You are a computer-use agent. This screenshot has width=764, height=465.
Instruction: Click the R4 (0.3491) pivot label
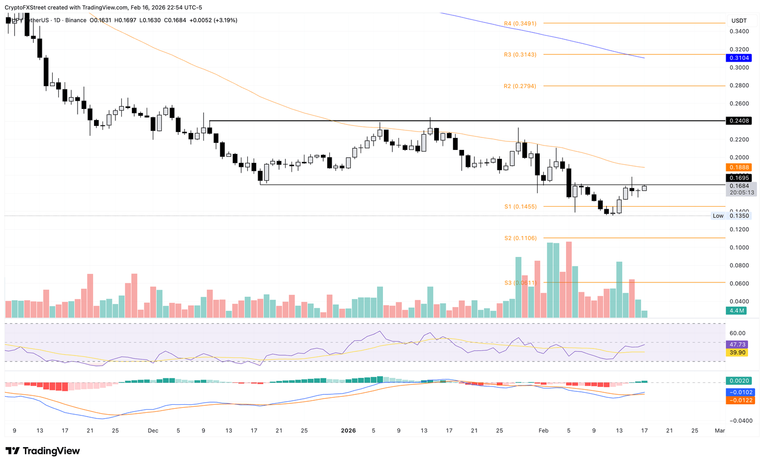pyautogui.click(x=520, y=23)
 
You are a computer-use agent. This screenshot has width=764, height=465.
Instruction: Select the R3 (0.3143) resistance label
pyautogui.click(x=520, y=55)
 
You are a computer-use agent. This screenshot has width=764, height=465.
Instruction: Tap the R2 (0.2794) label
pyautogui.click(x=520, y=86)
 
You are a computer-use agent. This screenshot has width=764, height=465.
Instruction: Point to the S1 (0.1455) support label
pyautogui.click(x=520, y=207)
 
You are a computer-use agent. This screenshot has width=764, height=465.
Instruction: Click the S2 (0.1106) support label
pyautogui.click(x=520, y=238)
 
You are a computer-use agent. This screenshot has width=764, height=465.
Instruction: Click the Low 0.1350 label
pyautogui.click(x=731, y=216)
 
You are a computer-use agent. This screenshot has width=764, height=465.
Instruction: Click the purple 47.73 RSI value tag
pyautogui.click(x=736, y=345)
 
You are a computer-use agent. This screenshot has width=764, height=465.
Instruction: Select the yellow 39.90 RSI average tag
pyautogui.click(x=736, y=352)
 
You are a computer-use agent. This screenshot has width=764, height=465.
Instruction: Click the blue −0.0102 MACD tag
pyautogui.click(x=740, y=392)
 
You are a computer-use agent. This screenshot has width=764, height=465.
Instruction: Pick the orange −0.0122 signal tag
pyautogui.click(x=740, y=400)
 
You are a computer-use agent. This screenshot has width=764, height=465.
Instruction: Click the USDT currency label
pyautogui.click(x=739, y=20)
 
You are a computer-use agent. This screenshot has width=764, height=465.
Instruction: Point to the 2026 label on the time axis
pyautogui.click(x=348, y=431)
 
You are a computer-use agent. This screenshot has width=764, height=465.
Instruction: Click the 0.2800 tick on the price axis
pyautogui.click(x=739, y=86)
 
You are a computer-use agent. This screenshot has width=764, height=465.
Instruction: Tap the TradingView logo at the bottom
pyautogui.click(x=43, y=451)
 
